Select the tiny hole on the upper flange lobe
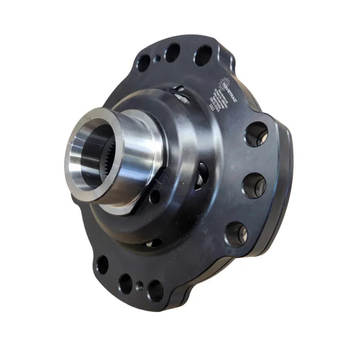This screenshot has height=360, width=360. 157,59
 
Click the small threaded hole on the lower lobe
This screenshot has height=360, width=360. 139,286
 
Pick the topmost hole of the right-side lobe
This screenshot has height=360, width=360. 256,133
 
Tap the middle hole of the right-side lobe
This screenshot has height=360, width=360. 254,185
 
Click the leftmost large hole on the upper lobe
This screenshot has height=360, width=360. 143,62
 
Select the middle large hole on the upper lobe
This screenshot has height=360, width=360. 173,53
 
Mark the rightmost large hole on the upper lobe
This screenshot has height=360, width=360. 203,55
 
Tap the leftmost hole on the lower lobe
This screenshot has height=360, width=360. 103,263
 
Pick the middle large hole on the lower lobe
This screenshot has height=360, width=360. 125,283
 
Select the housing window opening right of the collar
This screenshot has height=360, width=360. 202,174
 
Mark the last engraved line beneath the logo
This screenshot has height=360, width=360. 211,109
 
